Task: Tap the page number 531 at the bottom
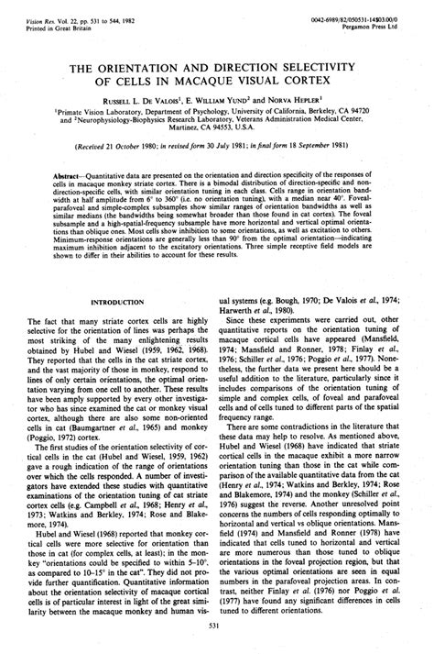click(x=217, y=626)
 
